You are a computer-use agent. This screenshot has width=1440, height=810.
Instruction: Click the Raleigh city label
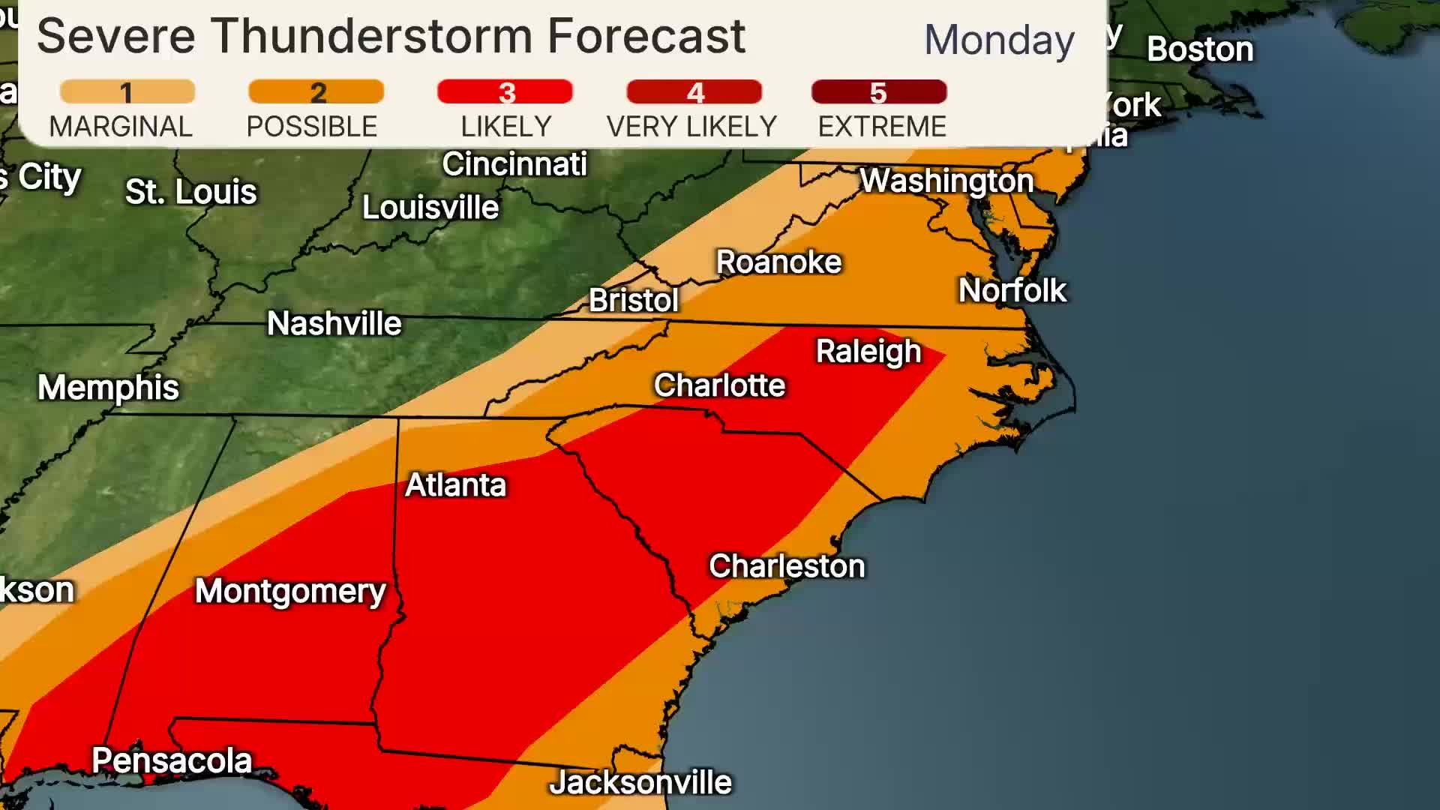pos(868,352)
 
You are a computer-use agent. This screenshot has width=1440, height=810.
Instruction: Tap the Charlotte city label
pos(719,385)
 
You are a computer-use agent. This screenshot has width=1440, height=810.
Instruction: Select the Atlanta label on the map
pos(456,485)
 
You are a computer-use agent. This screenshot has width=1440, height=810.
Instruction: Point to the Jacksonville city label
pos(640,783)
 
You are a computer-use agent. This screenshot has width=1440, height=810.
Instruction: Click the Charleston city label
pos(787,566)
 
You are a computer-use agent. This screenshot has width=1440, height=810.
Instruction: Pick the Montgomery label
pos(290,592)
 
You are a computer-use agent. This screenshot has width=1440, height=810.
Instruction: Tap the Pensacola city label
pos(172,761)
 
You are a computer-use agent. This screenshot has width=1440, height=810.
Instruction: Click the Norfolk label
pos(1012,291)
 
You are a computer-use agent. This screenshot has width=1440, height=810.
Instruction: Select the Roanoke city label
pos(778,262)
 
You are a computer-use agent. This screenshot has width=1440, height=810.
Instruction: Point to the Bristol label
pos(633,301)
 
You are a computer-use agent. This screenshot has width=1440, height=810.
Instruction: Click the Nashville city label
pos(334,324)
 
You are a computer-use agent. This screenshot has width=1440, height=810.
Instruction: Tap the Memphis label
pos(109,388)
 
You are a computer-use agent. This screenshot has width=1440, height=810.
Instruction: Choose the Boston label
pos(1200,49)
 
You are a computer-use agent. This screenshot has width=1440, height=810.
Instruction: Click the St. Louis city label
pos(190,192)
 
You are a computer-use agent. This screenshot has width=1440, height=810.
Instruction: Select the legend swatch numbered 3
pos(505,92)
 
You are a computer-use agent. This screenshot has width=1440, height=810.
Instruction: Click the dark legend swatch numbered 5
pos(879,92)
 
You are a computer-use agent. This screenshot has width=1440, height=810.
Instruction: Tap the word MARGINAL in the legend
pos(121,127)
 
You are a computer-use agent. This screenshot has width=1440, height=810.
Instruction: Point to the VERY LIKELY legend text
pos(691,127)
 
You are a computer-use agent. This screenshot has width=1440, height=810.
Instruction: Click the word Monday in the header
pos(999,40)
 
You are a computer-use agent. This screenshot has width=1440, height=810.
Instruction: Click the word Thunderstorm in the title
pos(371,35)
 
